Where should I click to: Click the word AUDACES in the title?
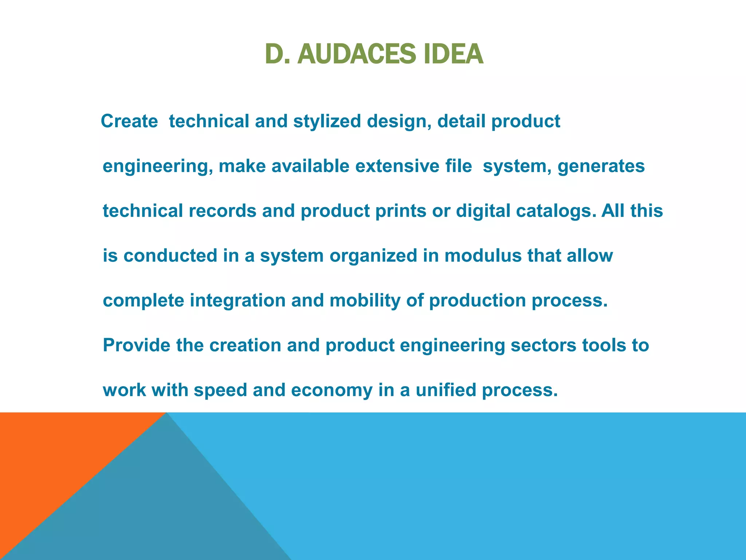tap(356, 54)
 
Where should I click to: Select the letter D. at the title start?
tap(277, 54)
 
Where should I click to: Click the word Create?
tap(129, 121)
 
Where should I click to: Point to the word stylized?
tap(327, 121)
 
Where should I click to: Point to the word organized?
tap(373, 256)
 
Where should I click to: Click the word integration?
tap(237, 300)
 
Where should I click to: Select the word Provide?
tap(137, 345)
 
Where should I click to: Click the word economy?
tap(332, 390)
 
